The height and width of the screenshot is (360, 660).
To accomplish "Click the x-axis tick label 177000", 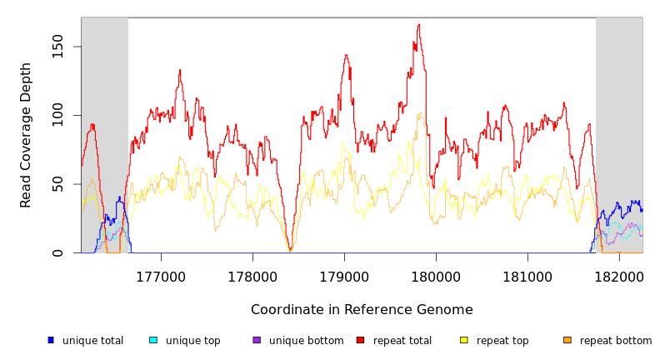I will [x=161, y=276].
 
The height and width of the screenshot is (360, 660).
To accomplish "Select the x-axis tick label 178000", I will [x=252, y=276].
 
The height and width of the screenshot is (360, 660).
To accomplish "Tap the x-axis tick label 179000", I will [x=344, y=276].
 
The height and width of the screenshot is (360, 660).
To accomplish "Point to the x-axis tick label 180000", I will [x=436, y=276].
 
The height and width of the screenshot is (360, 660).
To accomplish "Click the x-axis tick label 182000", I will [x=618, y=276].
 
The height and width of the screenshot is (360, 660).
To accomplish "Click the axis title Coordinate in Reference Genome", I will [x=362, y=310].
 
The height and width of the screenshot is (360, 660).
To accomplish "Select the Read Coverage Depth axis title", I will [x=26, y=135].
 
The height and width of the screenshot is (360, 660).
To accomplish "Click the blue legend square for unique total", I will [x=51, y=340].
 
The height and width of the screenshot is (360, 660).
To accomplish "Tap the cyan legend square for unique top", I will [x=152, y=340].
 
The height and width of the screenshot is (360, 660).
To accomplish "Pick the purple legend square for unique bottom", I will [x=257, y=340].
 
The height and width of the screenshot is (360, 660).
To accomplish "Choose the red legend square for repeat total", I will [x=360, y=340].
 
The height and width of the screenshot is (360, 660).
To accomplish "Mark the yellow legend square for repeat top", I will [x=464, y=340].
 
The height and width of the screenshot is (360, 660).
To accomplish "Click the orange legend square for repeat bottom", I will [x=567, y=340].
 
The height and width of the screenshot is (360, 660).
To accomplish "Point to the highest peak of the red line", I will [x=419, y=25].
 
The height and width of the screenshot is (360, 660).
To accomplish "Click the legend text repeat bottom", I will [x=616, y=341].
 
